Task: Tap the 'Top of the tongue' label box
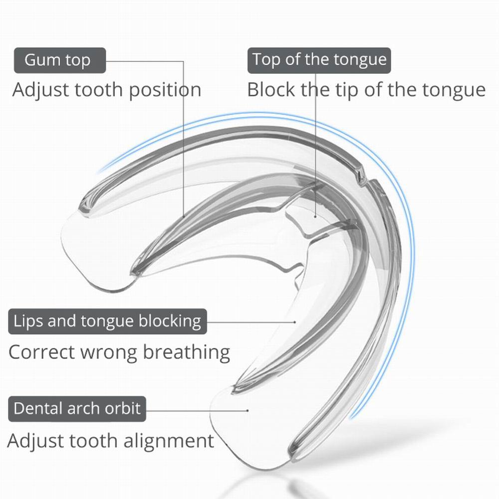[x=319, y=60]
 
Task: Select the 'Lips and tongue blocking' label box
[x=107, y=321]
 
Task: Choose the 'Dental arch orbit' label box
[x=77, y=409]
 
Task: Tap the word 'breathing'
[x=187, y=352]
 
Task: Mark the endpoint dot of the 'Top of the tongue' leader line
[x=316, y=217]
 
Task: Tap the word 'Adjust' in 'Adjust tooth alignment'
[x=35, y=441]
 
